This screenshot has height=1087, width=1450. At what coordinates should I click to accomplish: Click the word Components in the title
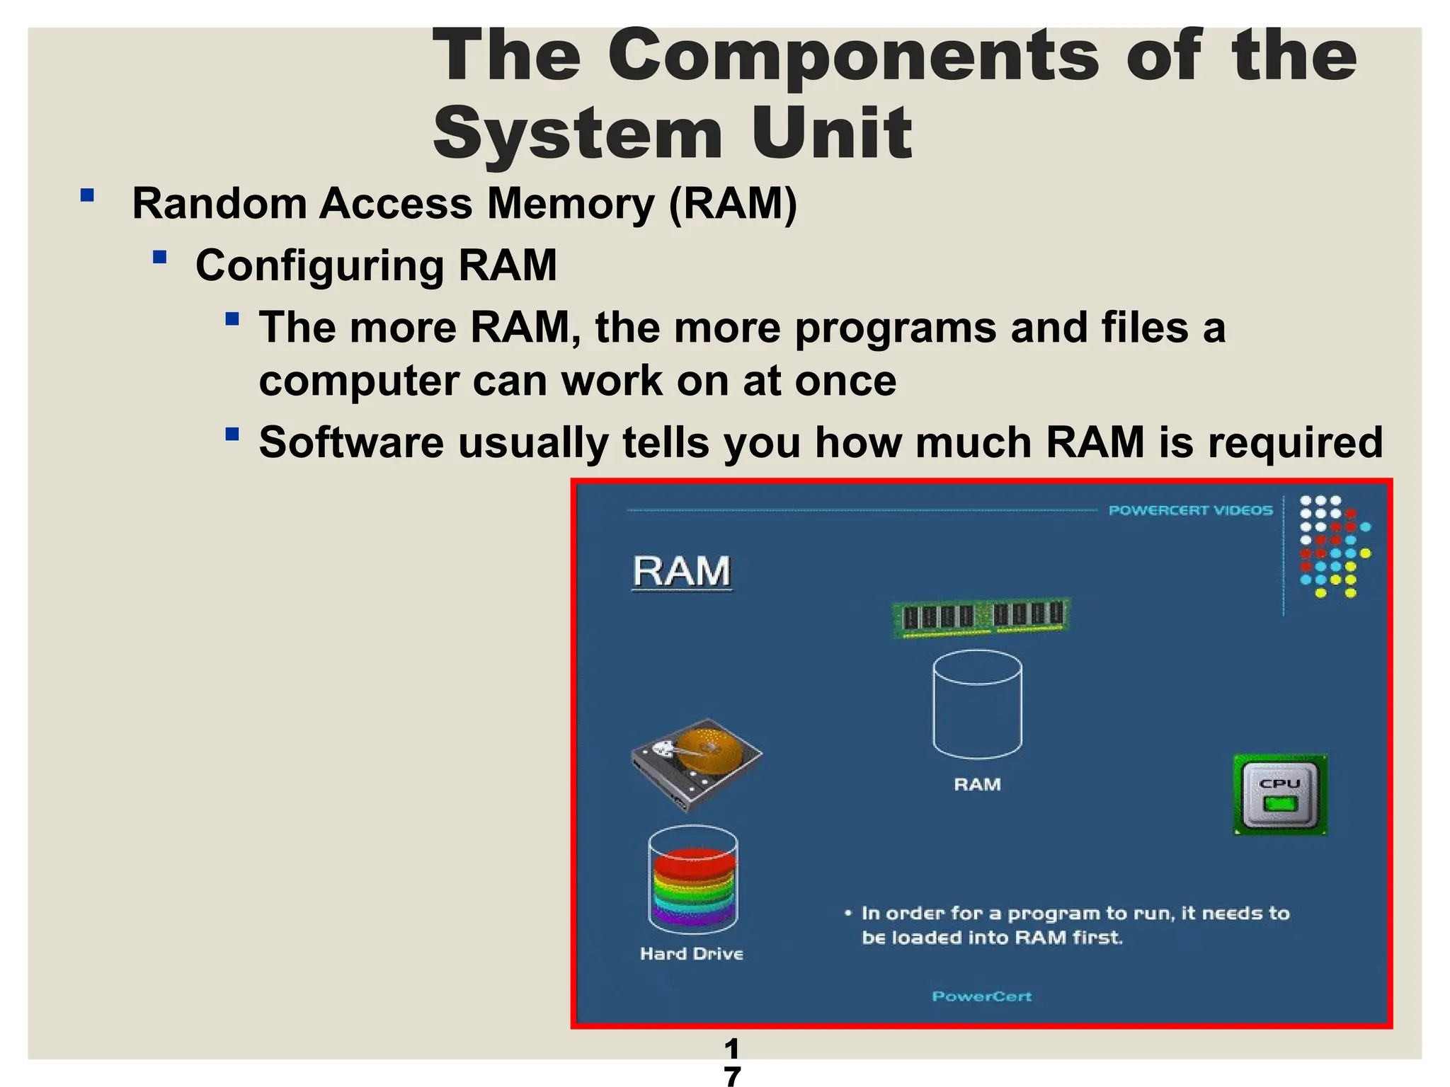[853, 57]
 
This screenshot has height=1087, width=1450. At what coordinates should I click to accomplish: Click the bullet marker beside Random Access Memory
[88, 195]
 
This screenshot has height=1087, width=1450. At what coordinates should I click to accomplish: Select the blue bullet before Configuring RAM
[159, 257]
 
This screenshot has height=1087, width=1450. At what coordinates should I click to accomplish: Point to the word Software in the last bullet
[352, 443]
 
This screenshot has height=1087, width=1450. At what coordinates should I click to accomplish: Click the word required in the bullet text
[1295, 443]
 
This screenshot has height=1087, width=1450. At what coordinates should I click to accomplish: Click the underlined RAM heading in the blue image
[681, 572]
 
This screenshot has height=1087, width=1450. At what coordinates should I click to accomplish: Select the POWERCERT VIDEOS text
[1190, 510]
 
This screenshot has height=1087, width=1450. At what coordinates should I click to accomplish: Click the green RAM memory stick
[981, 617]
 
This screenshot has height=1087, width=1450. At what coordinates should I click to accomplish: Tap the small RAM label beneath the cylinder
[977, 784]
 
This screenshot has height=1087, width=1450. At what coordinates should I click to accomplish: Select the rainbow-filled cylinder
[693, 881]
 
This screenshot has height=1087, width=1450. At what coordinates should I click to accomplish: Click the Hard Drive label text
[692, 954]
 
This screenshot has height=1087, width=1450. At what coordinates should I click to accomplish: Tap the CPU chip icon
[1280, 795]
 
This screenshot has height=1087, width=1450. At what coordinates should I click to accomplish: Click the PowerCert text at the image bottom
[981, 996]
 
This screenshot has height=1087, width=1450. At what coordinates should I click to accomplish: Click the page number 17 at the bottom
[732, 1062]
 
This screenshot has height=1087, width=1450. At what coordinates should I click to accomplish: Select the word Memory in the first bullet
[571, 204]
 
